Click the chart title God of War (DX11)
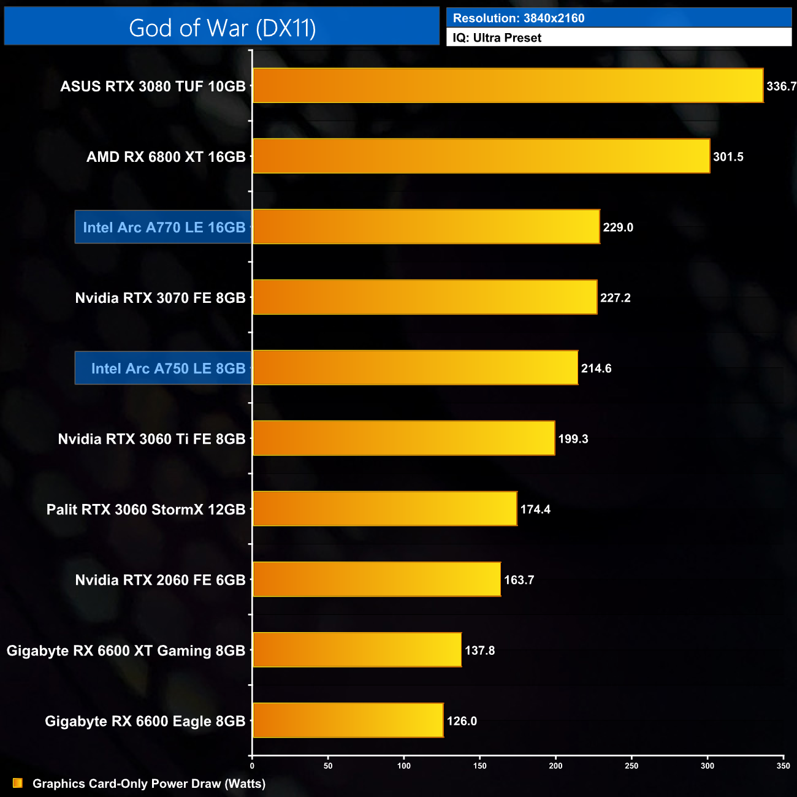pyautogui.click(x=222, y=28)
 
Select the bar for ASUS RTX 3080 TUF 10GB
pyautogui.click(x=508, y=86)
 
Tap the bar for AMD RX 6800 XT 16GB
pyautogui.click(x=481, y=156)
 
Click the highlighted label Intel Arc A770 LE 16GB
pyautogui.click(x=164, y=227)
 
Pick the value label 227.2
pyautogui.click(x=615, y=298)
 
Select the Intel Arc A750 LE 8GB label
pyautogui.click(x=168, y=368)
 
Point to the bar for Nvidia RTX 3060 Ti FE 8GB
pyautogui.click(x=403, y=438)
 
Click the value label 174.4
pyautogui.click(x=535, y=509)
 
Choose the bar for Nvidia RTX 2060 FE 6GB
pyautogui.click(x=376, y=579)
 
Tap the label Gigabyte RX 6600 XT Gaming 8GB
pyautogui.click(x=126, y=650)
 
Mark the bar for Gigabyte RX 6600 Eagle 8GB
pyautogui.click(x=348, y=720)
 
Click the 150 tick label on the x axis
pyautogui.click(x=480, y=766)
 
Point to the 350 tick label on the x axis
pyautogui.click(x=783, y=766)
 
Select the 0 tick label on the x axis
pyautogui.click(x=252, y=766)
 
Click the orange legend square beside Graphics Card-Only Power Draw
pyautogui.click(x=18, y=784)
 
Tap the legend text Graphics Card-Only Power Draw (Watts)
pyautogui.click(x=149, y=784)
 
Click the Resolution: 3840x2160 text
pyautogui.click(x=519, y=18)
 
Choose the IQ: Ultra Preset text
pyautogui.click(x=497, y=38)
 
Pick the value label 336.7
pyautogui.click(x=780, y=86)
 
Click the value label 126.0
pyautogui.click(x=462, y=721)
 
